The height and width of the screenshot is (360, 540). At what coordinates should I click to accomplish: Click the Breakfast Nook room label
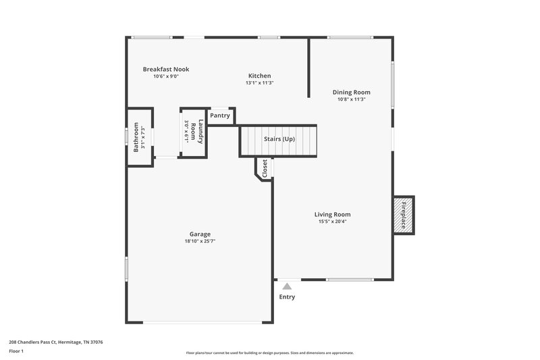coord(165,69)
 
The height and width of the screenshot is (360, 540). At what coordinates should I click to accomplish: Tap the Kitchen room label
coord(259,76)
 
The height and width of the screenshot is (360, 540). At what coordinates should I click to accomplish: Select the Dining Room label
coord(351,92)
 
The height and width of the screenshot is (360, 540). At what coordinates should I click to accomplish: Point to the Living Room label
coord(332,214)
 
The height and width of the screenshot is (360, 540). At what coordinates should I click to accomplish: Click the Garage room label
coord(200,234)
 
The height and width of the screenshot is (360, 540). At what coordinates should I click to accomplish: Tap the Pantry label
coord(220,115)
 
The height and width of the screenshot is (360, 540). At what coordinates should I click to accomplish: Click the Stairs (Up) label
coord(279,138)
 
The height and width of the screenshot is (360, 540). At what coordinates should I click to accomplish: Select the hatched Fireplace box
coord(404,215)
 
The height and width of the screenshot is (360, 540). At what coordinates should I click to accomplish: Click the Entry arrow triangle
coord(287,286)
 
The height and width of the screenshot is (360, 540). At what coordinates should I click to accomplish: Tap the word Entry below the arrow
coord(287,297)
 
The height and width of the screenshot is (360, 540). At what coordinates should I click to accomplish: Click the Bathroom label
coord(136,136)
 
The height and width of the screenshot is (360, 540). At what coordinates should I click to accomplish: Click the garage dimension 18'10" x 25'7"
coord(200,241)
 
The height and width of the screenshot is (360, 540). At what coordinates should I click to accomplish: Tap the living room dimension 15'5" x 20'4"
coord(332,222)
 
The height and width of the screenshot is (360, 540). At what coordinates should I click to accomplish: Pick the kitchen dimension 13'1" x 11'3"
coord(259,83)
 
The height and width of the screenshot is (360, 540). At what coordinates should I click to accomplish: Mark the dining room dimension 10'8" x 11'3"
coord(351,99)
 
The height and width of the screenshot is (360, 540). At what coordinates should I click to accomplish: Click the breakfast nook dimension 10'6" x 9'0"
coord(165,76)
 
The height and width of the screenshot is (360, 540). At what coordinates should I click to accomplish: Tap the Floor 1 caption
coord(16,351)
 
